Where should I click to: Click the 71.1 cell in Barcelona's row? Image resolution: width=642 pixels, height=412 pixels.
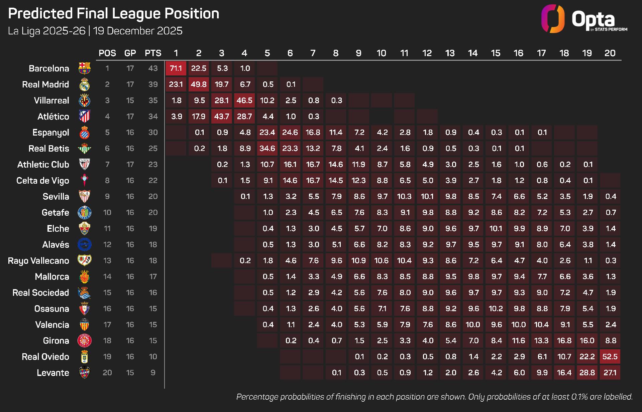click(x=176, y=68)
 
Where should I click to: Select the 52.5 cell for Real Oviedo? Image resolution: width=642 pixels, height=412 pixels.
click(x=610, y=357)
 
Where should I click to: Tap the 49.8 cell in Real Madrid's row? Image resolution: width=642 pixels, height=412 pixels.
click(x=199, y=84)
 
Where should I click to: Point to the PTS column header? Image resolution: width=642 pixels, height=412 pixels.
click(x=153, y=53)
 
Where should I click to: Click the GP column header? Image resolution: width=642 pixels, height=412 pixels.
click(x=130, y=53)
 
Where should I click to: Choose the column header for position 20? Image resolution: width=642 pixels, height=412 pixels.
click(x=610, y=53)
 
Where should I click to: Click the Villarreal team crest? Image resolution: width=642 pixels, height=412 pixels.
click(x=85, y=100)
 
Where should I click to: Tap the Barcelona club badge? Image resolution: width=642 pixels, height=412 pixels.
click(x=85, y=68)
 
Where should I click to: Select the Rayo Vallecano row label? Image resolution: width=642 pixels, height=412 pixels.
click(x=38, y=261)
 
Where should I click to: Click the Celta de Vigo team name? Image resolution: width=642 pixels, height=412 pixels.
click(x=43, y=181)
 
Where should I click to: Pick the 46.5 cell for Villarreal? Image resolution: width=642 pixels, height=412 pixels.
click(x=244, y=100)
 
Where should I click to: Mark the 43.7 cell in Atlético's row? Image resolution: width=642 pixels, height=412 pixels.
click(x=222, y=117)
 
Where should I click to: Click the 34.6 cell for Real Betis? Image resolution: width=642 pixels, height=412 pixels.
click(x=267, y=149)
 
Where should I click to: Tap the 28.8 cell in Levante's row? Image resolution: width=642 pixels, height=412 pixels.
click(x=587, y=373)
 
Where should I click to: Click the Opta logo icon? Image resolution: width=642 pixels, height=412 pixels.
click(x=553, y=19)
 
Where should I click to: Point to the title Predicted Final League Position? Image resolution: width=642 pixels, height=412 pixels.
click(x=114, y=14)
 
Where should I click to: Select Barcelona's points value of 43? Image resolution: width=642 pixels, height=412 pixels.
click(x=153, y=68)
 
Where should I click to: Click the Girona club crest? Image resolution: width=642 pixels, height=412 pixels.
click(x=85, y=341)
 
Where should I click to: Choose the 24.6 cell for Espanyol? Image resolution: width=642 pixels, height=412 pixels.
click(x=290, y=133)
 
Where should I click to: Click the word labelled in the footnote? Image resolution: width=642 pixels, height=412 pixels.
click(x=619, y=397)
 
